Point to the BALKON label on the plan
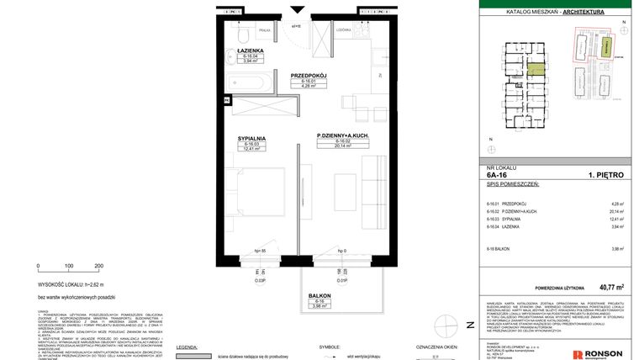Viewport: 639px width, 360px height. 319,296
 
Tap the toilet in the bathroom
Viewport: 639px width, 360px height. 240,40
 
